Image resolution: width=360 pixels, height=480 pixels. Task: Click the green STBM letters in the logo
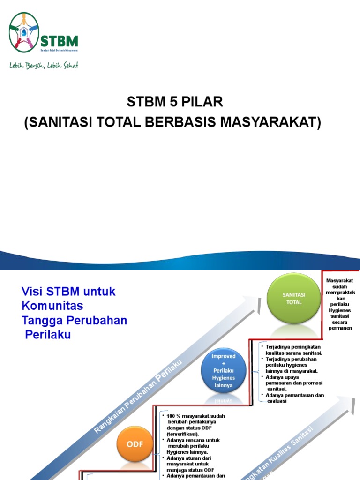point(59,40)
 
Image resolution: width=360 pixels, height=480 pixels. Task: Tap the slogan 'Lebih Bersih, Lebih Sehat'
point(44,66)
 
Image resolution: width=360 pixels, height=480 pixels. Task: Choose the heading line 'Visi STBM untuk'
point(68,292)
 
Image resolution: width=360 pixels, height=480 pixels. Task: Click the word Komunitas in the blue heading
point(52,306)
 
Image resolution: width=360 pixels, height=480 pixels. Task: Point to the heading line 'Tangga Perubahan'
point(75,321)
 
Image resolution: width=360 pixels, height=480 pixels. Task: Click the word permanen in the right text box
point(339,328)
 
